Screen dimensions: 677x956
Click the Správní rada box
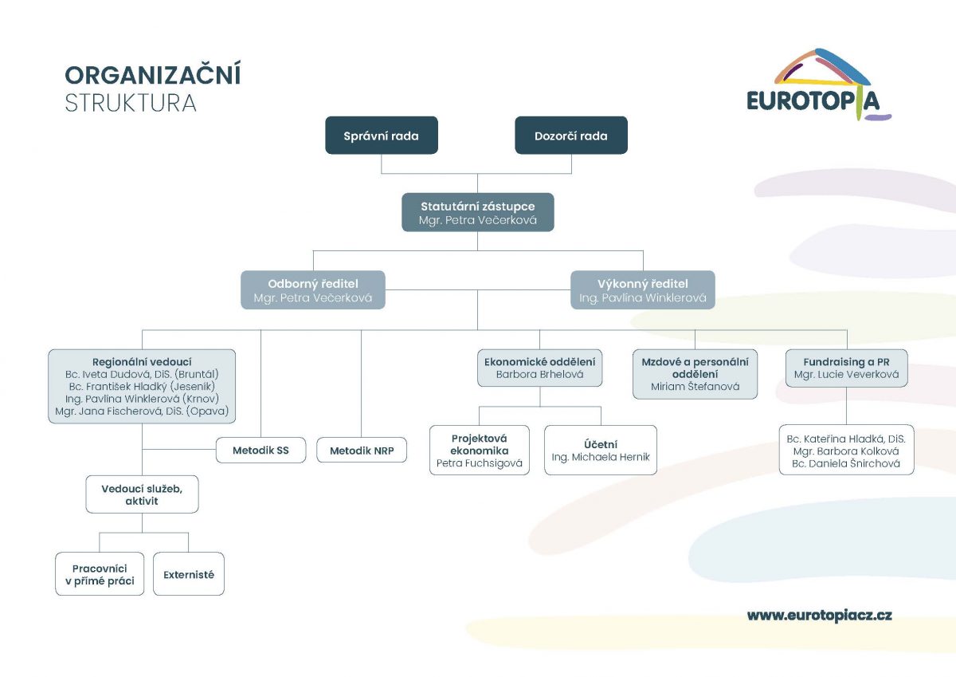(381, 136)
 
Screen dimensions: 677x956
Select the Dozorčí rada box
(571, 136)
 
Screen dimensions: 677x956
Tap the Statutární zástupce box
(477, 212)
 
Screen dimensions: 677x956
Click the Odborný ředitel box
(313, 290)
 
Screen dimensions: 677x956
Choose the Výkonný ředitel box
(642, 290)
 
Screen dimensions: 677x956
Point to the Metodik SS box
(261, 451)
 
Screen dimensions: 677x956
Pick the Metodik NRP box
(362, 451)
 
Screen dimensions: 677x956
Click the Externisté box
(189, 574)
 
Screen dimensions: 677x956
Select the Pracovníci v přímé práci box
(100, 574)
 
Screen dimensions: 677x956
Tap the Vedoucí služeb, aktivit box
(142, 494)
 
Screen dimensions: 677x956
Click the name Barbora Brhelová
(539, 374)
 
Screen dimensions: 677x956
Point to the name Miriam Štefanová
(695, 387)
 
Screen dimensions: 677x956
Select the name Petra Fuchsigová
(480, 462)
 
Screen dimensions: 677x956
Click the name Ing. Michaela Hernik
(601, 458)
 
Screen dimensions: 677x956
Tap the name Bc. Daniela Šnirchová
(846, 463)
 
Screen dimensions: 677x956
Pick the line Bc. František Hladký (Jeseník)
(142, 386)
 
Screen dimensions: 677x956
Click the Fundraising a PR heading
(846, 361)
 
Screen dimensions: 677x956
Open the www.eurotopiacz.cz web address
(819, 615)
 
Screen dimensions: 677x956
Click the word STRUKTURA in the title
(131, 104)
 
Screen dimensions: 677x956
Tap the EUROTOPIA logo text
(813, 100)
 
